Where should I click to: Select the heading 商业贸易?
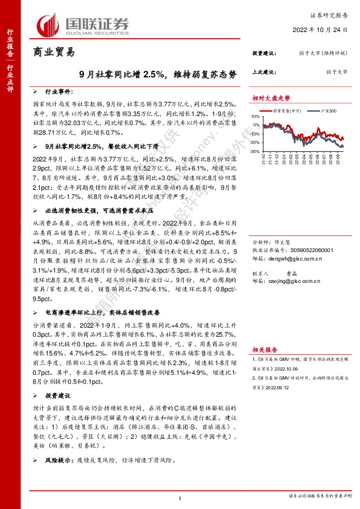coord(53,53)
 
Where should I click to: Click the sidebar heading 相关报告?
coord(264,349)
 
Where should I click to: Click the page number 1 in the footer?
coord(180,498)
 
